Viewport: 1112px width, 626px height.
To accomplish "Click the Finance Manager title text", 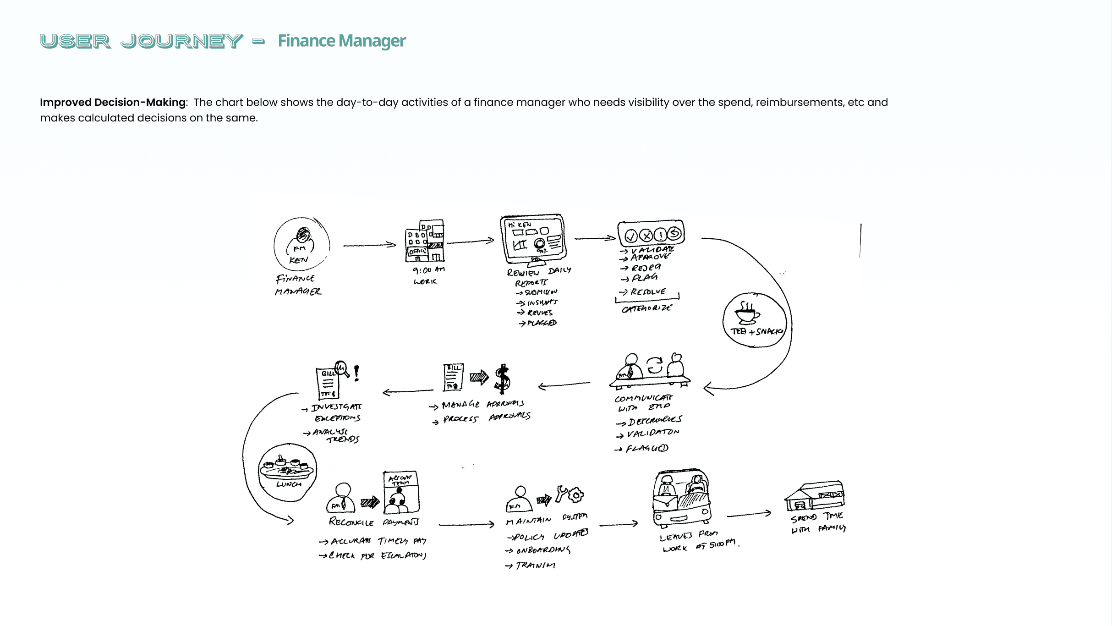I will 341,41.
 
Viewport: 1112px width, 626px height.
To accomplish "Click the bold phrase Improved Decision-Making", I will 113,102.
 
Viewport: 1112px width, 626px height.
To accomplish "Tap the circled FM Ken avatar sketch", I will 301,244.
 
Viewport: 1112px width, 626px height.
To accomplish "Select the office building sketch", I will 425,241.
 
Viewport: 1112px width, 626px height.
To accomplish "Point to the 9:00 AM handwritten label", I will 428,270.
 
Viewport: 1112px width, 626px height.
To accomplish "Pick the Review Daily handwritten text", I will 538,272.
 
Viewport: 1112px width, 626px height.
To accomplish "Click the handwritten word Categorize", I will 646,308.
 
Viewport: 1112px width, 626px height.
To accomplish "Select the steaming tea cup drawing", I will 747,313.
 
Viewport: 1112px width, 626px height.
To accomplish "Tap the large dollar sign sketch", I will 503,379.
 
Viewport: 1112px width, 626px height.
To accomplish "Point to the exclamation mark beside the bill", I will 356,373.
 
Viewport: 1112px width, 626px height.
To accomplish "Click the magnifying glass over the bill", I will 342,368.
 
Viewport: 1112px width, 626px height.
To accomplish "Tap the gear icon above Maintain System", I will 575,495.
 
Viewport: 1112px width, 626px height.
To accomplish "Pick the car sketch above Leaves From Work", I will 681,498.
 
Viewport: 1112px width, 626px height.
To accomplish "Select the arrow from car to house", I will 749,514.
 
